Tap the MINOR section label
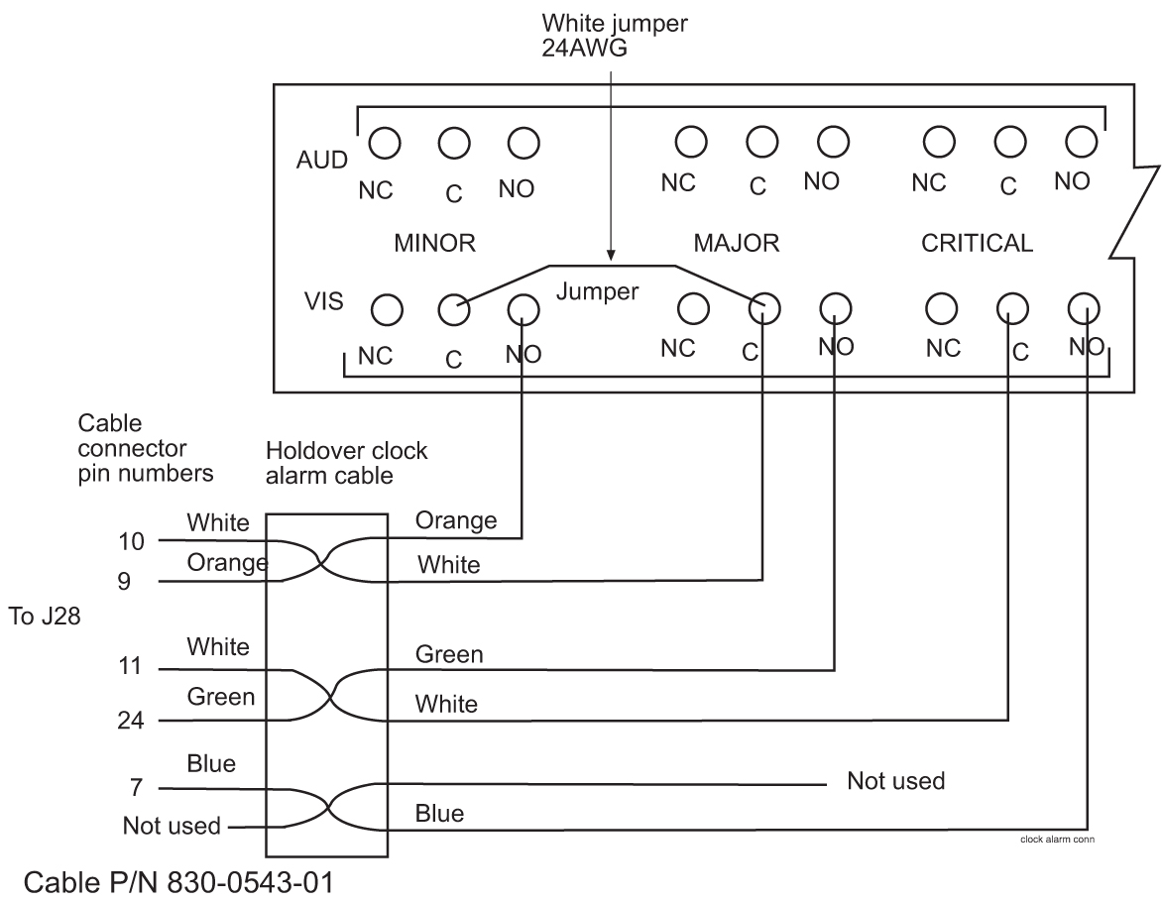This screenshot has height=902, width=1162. click(x=437, y=244)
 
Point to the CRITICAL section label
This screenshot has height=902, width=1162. click(x=978, y=244)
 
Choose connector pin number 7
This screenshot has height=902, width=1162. click(x=136, y=789)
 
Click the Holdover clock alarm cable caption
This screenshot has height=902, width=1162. click(x=347, y=462)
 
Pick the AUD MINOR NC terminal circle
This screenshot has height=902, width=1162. click(x=383, y=143)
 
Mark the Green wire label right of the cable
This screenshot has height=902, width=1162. click(x=449, y=654)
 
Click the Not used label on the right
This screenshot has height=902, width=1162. click(x=895, y=781)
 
